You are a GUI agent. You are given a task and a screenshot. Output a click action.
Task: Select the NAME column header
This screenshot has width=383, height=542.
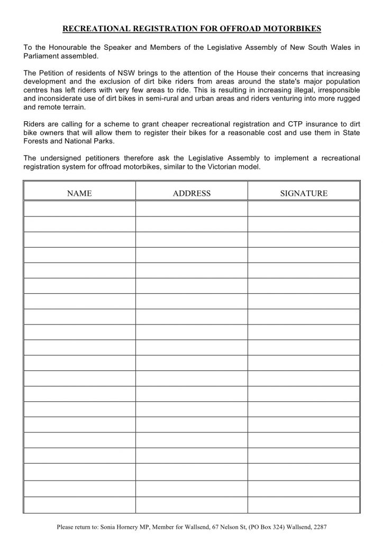(x=79, y=193)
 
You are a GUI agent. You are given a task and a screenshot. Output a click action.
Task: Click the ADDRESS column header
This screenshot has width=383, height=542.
(x=191, y=193)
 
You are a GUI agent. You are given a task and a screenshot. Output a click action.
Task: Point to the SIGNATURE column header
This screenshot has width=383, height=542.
(x=304, y=193)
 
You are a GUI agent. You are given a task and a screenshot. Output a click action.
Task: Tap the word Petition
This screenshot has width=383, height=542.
(x=54, y=72)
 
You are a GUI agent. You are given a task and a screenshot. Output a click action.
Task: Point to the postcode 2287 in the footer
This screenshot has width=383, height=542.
(x=320, y=528)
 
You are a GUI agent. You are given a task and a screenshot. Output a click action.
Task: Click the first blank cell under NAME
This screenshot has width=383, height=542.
(x=79, y=209)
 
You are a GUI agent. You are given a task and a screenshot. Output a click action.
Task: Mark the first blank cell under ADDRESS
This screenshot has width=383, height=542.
(x=191, y=209)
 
